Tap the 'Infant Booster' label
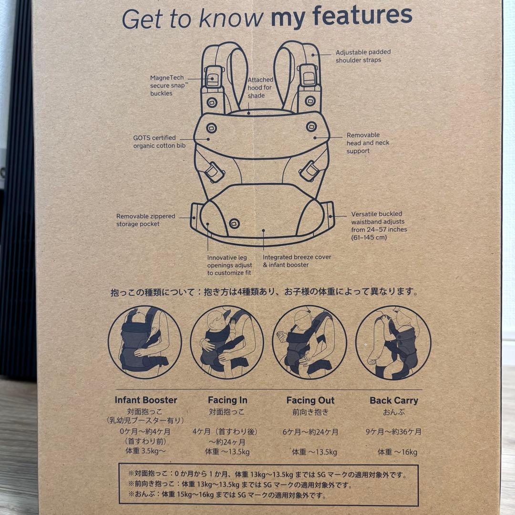pos(145,401)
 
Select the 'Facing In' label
pos(227,401)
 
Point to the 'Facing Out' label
pos(310,401)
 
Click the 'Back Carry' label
pos(393,401)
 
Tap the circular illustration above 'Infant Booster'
pos(145,342)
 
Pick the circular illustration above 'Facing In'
pos(227,342)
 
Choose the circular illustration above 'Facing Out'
pos(309,342)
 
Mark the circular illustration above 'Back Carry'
pos(393,342)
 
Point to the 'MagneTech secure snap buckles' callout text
pos(167,85)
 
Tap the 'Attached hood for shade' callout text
pos(260,88)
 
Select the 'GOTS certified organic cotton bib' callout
pos(159,142)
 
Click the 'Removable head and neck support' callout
pos(368,143)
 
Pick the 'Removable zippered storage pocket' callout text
pos(145,220)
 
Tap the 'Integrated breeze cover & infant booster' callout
pos(297,261)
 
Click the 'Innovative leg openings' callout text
pos(229,265)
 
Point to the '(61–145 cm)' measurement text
pos(369,237)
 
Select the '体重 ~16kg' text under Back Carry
pos(397,452)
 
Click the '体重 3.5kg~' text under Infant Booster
pos(141,450)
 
